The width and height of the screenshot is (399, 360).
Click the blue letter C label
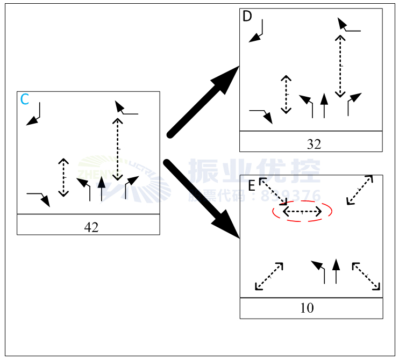pyautogui.click(x=25, y=99)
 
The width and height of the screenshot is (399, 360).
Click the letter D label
pyautogui.click(x=247, y=17)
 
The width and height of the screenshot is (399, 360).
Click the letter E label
pyautogui.click(x=251, y=186)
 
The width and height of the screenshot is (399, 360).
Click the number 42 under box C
pyautogui.click(x=91, y=227)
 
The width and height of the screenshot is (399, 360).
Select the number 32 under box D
pyautogui.click(x=314, y=144)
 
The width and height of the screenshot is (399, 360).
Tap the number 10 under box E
pyautogui.click(x=307, y=308)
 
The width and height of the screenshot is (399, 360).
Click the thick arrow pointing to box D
pyautogui.click(x=204, y=102)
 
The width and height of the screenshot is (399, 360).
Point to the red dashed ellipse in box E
pyautogui.click(x=302, y=212)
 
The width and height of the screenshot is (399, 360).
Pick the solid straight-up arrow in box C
pyautogui.click(x=102, y=189)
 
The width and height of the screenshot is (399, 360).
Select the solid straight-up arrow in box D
pyautogui.click(x=323, y=105)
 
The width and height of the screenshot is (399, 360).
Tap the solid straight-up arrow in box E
pyautogui.click(x=336, y=271)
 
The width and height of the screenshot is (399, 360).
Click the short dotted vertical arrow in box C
pyautogui.click(x=63, y=177)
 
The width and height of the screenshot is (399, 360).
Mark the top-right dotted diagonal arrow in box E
pyautogui.click(x=360, y=190)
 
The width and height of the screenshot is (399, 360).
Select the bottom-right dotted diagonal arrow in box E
pyautogui.click(x=366, y=276)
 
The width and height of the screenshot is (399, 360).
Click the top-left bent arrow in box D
pyautogui.click(x=256, y=31)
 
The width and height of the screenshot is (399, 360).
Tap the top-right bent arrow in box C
pyautogui.click(x=126, y=109)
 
